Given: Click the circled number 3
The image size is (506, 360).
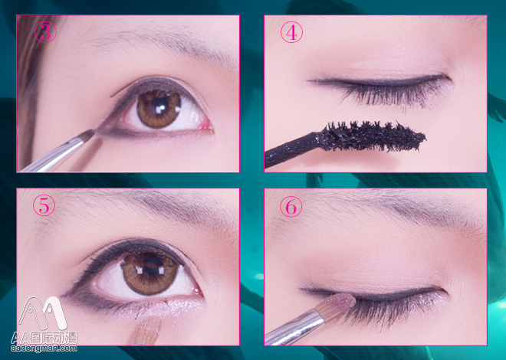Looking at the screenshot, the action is click(45, 32).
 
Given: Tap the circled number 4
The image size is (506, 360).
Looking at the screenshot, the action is click(291, 32).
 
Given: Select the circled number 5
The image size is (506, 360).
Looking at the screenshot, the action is click(44, 206).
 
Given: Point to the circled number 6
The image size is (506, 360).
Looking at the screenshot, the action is click(291, 207).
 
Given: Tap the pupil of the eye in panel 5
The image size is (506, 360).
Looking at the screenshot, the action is click(149, 269).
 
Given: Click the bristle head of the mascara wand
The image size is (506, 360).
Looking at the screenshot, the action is click(373, 136).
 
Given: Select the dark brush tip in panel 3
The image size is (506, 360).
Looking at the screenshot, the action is click(87, 135).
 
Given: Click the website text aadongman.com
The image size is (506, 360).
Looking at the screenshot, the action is click(44, 349).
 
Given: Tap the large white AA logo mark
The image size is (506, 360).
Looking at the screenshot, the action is click(42, 313).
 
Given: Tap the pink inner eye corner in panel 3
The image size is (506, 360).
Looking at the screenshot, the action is click(206, 126).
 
